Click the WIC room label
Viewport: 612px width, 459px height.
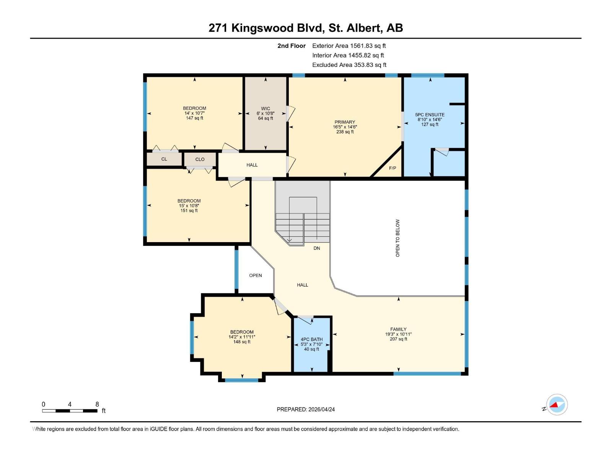pos(265,109)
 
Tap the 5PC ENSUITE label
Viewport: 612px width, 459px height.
pos(430,114)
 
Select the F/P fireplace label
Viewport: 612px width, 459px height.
pos(392,168)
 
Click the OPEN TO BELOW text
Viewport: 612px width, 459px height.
pos(398,238)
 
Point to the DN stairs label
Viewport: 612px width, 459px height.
pos(317,248)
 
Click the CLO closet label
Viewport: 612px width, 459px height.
pos(200,160)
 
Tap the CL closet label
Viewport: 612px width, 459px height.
pos(164,159)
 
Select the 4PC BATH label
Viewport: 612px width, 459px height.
pos(311,339)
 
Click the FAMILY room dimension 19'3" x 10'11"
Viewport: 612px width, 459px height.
pos(398,334)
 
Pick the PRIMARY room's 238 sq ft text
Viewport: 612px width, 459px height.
pos(345,132)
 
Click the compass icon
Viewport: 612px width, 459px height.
pos(557,405)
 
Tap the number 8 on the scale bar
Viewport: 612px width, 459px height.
pos(97,404)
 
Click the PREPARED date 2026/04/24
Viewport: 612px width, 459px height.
pos(321,409)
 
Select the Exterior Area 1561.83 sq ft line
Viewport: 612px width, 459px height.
pos(349,46)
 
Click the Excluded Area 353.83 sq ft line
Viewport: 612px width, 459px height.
pos(349,65)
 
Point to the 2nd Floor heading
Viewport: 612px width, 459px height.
pos(291,46)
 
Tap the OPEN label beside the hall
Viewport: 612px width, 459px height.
pos(256,275)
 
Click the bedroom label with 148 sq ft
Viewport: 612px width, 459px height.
pos(242,332)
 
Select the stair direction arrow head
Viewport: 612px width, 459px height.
pos(289,240)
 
